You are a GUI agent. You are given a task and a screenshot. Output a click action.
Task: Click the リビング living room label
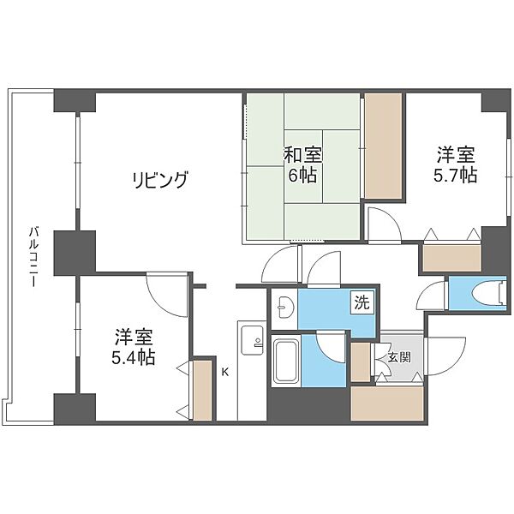(160, 180)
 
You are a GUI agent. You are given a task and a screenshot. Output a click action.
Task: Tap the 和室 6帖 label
(302, 164)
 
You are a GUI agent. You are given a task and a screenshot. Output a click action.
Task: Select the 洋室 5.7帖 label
(456, 164)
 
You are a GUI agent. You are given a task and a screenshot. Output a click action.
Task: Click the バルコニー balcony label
(33, 257)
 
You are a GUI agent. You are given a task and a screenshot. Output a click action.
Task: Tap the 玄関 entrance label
(399, 357)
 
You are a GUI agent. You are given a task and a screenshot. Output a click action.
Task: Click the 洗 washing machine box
(362, 302)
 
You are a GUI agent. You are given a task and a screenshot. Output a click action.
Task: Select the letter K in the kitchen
(224, 372)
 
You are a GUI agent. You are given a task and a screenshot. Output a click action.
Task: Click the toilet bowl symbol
(488, 293)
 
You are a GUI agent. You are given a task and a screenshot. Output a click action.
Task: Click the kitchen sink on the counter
(252, 340)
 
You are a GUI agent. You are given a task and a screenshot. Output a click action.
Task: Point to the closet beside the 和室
(383, 146)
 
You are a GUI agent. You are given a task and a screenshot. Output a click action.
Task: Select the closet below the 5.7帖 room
(451, 259)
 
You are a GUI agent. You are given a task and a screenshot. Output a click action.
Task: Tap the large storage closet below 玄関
(387, 403)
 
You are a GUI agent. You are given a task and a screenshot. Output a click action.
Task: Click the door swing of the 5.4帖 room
(165, 295)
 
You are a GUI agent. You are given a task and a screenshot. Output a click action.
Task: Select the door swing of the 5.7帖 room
(384, 224)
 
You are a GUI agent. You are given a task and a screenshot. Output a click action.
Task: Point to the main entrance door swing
(445, 356)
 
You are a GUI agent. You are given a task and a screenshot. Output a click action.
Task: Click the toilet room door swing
(433, 295)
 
